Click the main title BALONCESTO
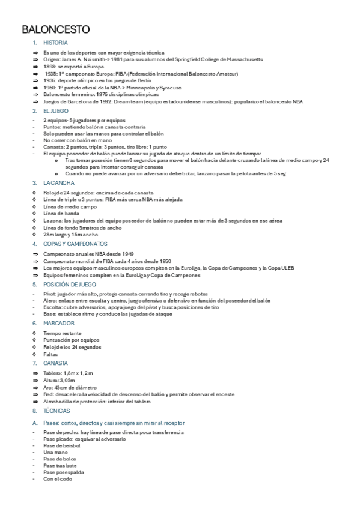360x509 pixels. pyautogui.click(x=56, y=29)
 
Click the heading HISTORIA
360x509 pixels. pyautogui.click(x=55, y=43)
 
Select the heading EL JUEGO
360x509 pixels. pyautogui.click(x=55, y=112)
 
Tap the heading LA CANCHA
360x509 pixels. pyautogui.click(x=58, y=182)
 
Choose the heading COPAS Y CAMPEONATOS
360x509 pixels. pyautogui.click(x=75, y=245)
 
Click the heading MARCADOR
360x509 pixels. pyautogui.click(x=58, y=323)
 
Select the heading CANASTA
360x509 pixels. pyautogui.click(x=56, y=363)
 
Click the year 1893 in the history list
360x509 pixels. pyautogui.click(x=49, y=67)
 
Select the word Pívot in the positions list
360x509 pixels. pyautogui.click(x=49, y=294)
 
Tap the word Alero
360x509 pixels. pyautogui.click(x=49, y=301)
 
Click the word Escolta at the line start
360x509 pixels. pyautogui.click(x=52, y=307)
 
